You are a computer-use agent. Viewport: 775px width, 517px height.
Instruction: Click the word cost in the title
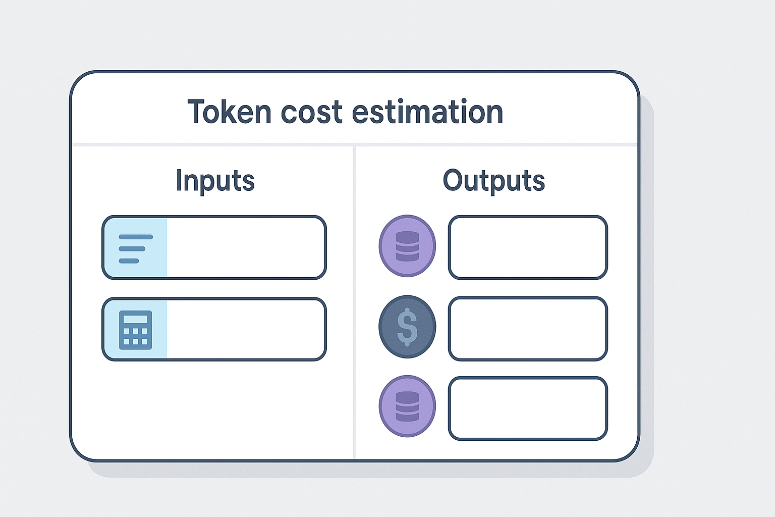tap(311, 112)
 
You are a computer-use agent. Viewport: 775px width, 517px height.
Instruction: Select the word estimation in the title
tap(427, 112)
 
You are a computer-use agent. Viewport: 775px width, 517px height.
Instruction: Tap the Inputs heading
tap(215, 180)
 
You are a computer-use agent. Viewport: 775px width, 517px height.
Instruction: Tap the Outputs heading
tap(493, 180)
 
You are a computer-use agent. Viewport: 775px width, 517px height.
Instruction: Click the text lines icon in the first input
tap(135, 248)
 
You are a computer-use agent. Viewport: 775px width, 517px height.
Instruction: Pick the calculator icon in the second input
tap(135, 330)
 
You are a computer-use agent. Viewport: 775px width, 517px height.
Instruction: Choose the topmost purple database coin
tap(407, 246)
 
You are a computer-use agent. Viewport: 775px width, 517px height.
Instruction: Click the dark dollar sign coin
tap(407, 327)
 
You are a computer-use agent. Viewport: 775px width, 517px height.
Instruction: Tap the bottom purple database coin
tap(407, 406)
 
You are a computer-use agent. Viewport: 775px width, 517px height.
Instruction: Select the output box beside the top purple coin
tap(528, 247)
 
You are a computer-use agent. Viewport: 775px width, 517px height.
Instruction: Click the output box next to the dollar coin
tap(528, 329)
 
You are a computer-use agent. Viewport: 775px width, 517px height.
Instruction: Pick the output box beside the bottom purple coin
tap(528, 408)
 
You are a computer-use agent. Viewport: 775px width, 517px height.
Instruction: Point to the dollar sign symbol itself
tap(407, 327)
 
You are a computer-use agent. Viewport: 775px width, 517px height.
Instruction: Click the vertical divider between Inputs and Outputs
tap(355, 303)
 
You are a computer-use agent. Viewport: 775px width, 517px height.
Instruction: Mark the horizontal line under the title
tap(355, 145)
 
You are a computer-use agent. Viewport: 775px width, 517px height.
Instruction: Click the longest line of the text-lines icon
tap(136, 237)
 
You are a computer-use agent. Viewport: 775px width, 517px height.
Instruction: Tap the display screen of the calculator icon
tap(135, 319)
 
